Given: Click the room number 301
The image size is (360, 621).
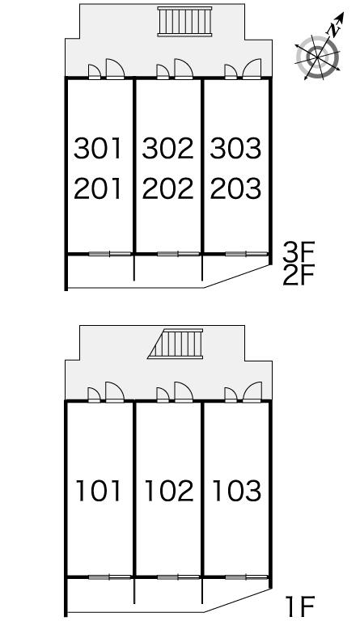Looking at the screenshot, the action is point(97,149).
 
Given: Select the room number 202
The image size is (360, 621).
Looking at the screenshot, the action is point(168,188).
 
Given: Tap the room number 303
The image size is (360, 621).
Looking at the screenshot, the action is point(235,149).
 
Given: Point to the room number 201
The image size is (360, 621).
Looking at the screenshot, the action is point(97,188).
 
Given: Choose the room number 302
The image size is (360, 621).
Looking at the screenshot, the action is point(168,149).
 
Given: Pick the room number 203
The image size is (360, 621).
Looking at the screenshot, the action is point(235,188).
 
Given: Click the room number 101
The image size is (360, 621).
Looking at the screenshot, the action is point(98,491).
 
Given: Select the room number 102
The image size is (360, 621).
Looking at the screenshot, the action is point(169,491).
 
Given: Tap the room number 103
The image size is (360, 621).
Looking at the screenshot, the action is point(237,491).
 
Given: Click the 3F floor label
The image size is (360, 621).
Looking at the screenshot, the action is point(299,251).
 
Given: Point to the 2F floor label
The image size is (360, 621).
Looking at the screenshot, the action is point(299,275).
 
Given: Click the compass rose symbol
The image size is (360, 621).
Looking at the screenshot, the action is point(318,57).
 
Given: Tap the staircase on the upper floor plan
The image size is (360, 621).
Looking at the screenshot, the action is point(184,21).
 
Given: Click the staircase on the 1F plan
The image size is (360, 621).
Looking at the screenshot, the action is point(176,344).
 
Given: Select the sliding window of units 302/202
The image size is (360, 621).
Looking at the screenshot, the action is point(178,254).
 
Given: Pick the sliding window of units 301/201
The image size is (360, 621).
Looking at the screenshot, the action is point(110,254).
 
